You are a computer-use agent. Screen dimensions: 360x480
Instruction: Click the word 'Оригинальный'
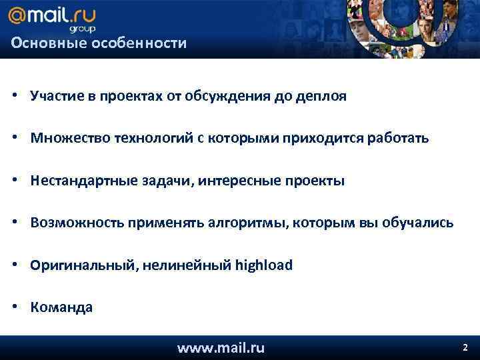[73, 265]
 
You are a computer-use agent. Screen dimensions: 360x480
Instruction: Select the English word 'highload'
[264, 265]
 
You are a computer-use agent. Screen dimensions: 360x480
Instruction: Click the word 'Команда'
[61, 307]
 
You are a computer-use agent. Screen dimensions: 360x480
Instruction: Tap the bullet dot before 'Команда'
[14, 307]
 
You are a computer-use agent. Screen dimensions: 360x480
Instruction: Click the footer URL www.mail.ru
[221, 347]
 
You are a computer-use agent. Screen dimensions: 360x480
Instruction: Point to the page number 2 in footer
[465, 347]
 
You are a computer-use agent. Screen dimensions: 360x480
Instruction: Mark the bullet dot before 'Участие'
[14, 96]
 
